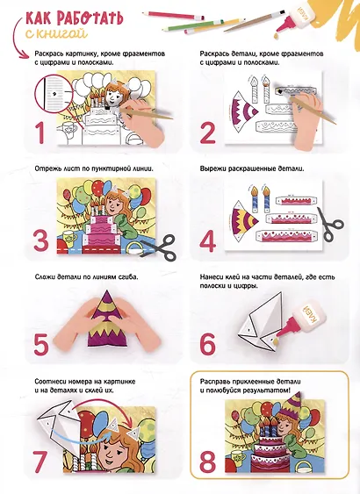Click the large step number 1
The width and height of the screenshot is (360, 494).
coord(40,132)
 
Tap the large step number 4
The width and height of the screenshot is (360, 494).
coord(208,241)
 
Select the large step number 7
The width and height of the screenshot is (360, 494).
coord(40,462)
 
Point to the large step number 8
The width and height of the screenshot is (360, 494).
coord(208,462)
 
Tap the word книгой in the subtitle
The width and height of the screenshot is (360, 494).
coord(61,32)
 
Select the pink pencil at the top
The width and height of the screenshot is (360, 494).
coord(173,16)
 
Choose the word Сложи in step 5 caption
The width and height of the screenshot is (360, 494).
coord(45,277)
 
